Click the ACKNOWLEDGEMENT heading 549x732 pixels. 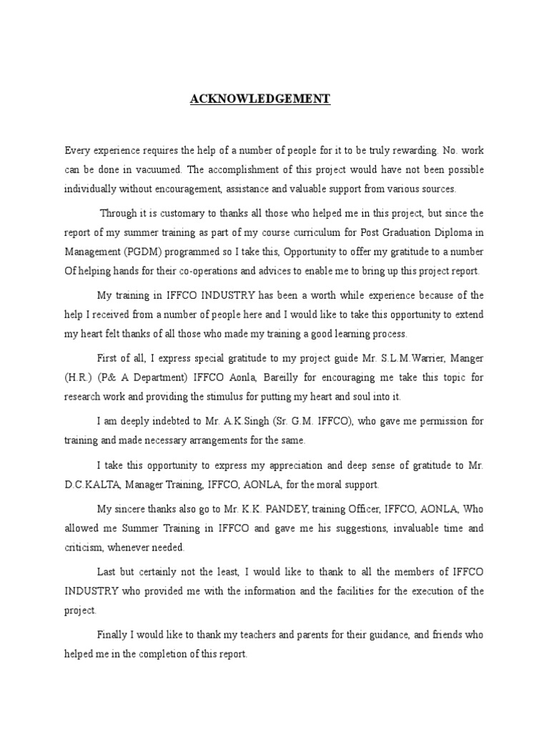[259, 99]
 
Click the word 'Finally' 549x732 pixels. [112, 634]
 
